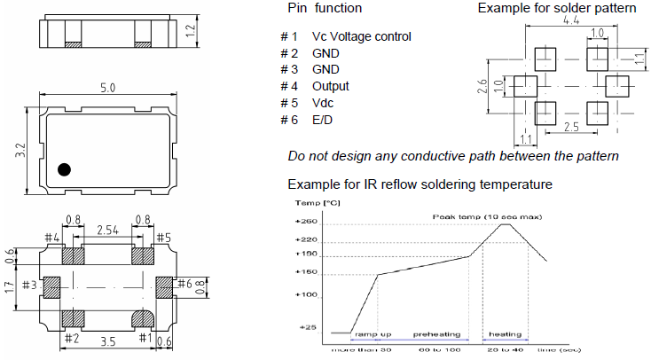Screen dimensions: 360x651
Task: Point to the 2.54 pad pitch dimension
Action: click(x=107, y=231)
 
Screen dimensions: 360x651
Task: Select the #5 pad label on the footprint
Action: click(x=163, y=238)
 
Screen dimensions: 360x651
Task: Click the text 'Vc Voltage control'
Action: click(x=361, y=37)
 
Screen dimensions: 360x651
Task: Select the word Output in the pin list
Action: click(x=330, y=86)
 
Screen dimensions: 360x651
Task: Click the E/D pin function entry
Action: click(x=323, y=120)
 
